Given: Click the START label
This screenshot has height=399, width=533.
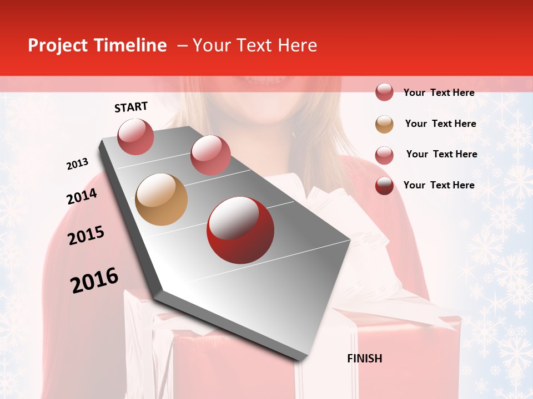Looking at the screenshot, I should [131, 107].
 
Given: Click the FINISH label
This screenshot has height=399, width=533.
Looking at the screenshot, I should [364, 359].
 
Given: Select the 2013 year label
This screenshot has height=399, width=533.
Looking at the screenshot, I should [77, 164].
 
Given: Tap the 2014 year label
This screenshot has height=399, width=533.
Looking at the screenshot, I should [82, 197].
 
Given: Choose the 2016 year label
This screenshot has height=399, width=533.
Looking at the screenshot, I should [94, 280].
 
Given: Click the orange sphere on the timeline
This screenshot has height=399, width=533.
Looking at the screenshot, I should [161, 199].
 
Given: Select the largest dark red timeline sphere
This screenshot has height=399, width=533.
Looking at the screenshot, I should [240, 231].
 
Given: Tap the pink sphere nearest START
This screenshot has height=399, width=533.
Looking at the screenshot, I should [136, 136].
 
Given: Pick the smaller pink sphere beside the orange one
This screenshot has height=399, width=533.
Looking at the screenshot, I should [210, 155].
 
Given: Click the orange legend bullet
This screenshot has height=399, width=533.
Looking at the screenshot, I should [384, 124].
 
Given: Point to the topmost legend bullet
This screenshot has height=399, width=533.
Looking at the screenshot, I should [384, 92].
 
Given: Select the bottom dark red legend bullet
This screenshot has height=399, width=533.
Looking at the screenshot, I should [384, 186].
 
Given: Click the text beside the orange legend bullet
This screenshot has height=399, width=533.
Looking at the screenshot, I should [440, 124].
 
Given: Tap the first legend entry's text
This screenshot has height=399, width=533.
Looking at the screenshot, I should [439, 93].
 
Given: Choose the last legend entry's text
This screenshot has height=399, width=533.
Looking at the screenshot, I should [439, 185].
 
